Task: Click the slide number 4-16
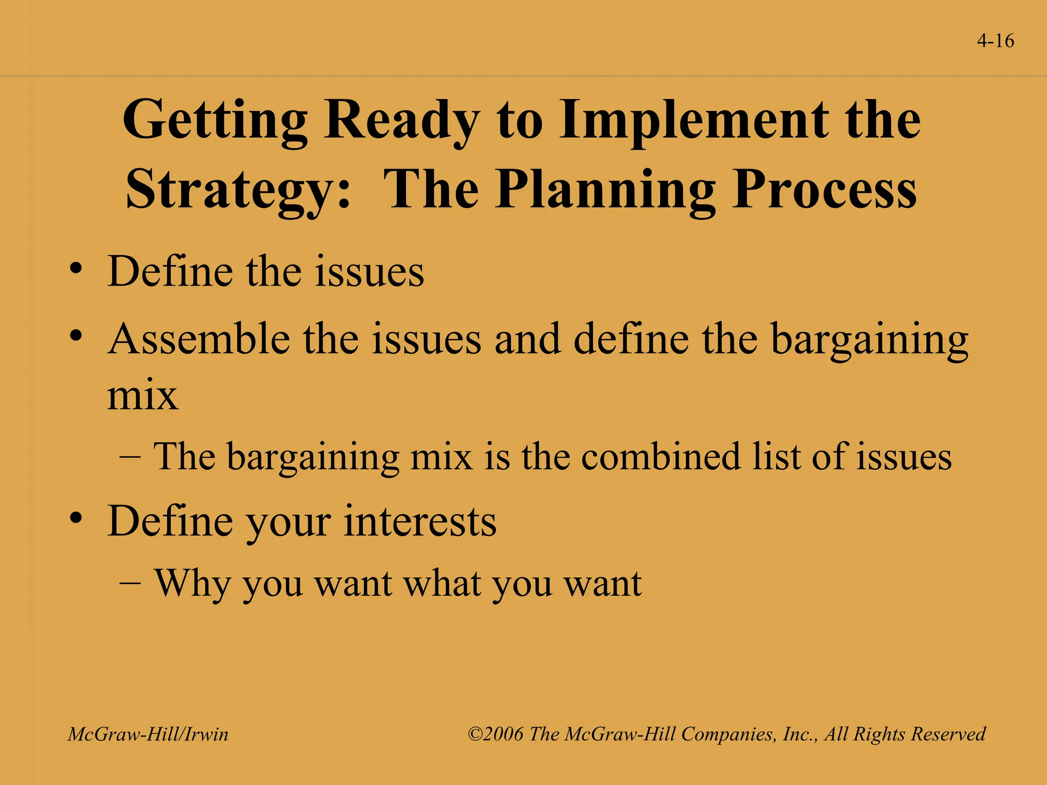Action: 995,41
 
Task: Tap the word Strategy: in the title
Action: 238,190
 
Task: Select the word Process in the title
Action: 824,190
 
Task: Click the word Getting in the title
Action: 215,121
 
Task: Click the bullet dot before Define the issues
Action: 76,269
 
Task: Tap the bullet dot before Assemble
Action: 76,336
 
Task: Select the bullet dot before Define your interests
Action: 76,518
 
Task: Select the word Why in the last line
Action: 192,584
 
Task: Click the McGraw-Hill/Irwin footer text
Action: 148,734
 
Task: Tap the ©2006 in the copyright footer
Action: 496,734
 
